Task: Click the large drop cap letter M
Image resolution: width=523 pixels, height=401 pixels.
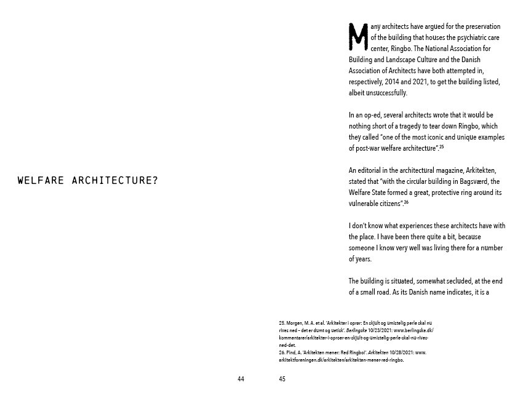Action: [358, 37]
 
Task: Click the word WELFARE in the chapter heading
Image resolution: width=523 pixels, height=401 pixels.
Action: [41, 181]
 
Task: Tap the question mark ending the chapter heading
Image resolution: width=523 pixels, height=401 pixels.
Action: [154, 181]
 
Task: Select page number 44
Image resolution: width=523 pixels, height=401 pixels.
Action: [241, 379]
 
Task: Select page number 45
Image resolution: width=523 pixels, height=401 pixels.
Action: [282, 379]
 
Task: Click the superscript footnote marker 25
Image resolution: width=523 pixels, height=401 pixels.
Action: [441, 147]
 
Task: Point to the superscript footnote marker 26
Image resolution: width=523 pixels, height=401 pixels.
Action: [406, 202]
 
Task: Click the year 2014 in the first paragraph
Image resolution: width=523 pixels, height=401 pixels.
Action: [393, 82]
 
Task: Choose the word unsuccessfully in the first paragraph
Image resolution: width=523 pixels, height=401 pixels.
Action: [386, 93]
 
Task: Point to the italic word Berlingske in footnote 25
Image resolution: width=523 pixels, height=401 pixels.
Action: [356, 330]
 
